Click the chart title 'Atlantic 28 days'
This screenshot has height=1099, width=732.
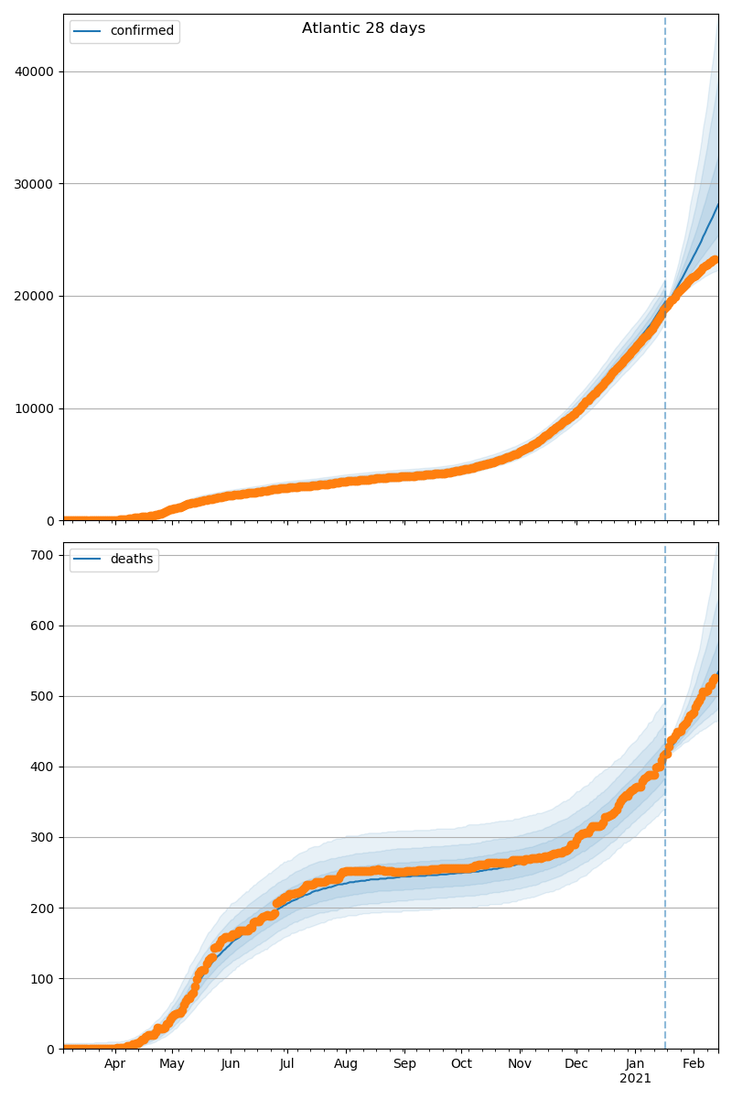(x=363, y=28)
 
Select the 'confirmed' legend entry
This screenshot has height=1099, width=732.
(x=141, y=31)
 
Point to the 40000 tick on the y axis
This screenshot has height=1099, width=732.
(x=35, y=71)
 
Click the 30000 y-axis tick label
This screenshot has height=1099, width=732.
(x=35, y=184)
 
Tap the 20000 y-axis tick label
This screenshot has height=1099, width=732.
(x=35, y=296)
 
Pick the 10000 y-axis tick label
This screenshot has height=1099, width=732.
(x=35, y=408)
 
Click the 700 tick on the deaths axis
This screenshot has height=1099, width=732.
(x=44, y=555)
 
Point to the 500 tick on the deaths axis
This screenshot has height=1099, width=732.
(x=44, y=696)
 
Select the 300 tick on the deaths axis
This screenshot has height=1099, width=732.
(x=44, y=837)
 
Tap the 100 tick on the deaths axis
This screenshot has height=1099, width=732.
(x=44, y=978)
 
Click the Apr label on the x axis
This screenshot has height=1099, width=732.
(x=114, y=1064)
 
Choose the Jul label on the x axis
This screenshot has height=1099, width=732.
(x=286, y=1064)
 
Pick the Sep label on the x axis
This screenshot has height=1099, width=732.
(x=404, y=1064)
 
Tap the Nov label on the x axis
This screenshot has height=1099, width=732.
(x=520, y=1064)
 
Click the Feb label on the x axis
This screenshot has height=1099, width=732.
(x=694, y=1064)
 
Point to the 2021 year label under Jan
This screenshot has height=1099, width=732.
(x=635, y=1079)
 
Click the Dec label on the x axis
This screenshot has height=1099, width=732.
(x=576, y=1064)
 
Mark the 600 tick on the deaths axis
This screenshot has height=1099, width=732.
(x=44, y=626)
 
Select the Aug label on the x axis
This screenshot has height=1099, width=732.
(x=346, y=1064)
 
